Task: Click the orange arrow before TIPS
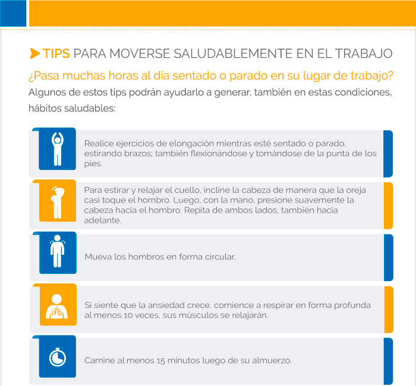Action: tap(34, 54)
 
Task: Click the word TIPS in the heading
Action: tap(56, 54)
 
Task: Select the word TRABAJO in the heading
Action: tap(364, 54)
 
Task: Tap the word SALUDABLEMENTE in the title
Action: tap(233, 54)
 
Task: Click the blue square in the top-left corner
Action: tap(13, 13)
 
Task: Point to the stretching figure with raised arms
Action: tap(58, 149)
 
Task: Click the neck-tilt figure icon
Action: tap(58, 203)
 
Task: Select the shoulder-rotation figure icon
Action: tap(57, 251)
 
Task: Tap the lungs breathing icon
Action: tap(56, 306)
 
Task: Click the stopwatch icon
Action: tap(58, 357)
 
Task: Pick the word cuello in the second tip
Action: tap(187, 190)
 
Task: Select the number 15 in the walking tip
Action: tap(161, 361)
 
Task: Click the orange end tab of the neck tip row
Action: tap(389, 206)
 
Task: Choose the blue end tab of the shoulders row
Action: tap(389, 257)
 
